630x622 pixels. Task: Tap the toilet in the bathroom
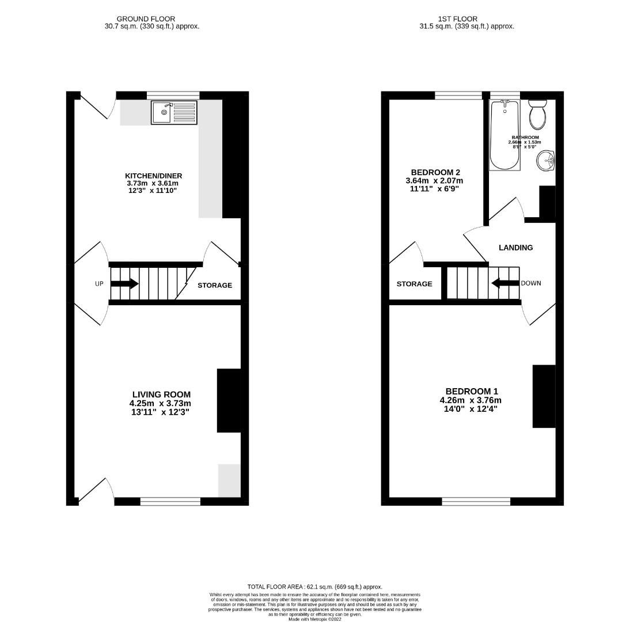(x=537, y=115)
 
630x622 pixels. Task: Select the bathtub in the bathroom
(x=504, y=135)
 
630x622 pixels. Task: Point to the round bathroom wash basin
(x=545, y=161)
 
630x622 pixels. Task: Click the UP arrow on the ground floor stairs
(x=124, y=283)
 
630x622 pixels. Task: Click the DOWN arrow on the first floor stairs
(x=505, y=283)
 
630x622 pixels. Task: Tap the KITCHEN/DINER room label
(x=153, y=176)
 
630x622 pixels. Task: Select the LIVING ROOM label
(x=161, y=395)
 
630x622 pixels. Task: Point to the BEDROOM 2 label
(x=435, y=172)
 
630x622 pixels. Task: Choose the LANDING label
(x=515, y=248)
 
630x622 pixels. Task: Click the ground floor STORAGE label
(x=215, y=285)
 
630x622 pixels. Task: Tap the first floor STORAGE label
(x=414, y=284)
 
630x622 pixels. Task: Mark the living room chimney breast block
(x=229, y=400)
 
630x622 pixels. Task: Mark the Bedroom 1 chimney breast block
(x=544, y=396)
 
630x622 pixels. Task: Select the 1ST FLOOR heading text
(x=466, y=19)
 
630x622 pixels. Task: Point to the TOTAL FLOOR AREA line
(x=314, y=586)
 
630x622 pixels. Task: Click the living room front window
(x=170, y=502)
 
